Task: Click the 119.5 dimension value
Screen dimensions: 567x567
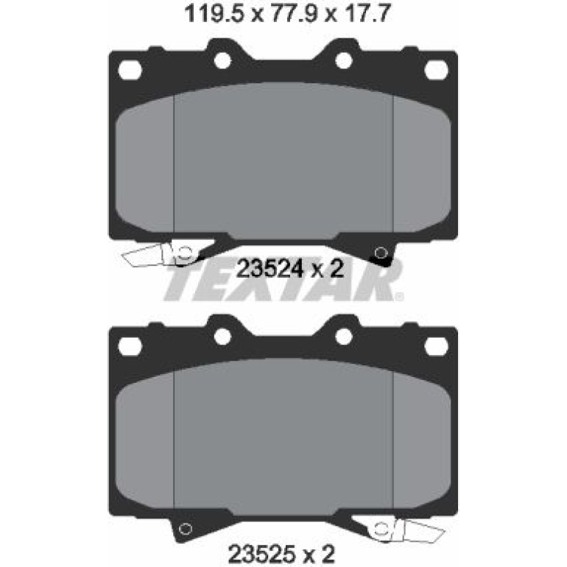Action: tap(213, 14)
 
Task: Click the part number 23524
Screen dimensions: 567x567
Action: tap(269, 269)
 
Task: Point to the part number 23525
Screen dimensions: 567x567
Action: tap(261, 553)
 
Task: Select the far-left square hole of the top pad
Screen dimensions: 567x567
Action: tap(130, 69)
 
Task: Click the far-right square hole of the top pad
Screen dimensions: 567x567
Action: tap(436, 69)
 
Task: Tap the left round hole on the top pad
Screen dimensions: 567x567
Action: tap(222, 60)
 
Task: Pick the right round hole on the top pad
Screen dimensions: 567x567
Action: tap(344, 60)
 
